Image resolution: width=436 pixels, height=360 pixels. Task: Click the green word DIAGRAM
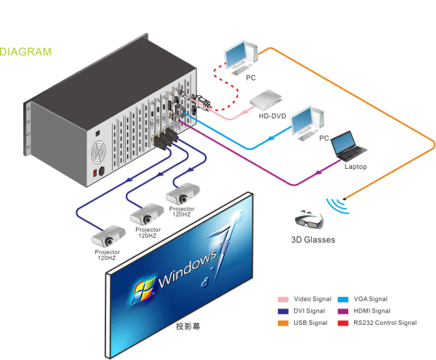click(26, 51)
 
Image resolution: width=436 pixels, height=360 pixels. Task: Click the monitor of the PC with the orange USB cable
click(238, 55)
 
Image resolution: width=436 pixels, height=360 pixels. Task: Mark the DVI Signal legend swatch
click(283, 311)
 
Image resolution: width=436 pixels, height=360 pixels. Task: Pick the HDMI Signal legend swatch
click(342, 311)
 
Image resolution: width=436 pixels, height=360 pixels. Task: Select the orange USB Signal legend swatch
click(283, 323)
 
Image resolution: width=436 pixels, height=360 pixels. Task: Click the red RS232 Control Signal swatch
click(342, 323)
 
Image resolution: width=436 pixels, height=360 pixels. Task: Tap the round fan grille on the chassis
click(99, 155)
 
